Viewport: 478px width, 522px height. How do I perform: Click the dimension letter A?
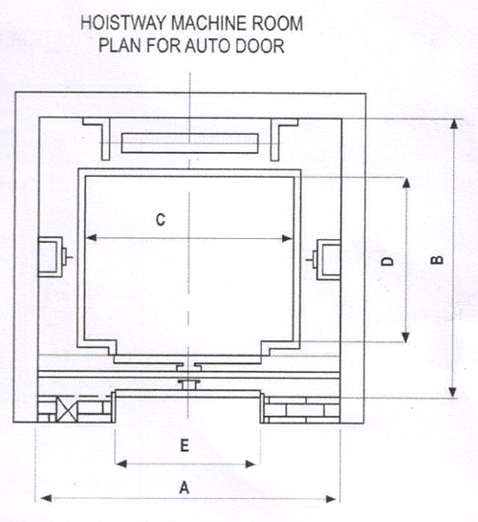pyautogui.click(x=185, y=488)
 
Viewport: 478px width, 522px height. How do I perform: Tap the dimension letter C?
pyautogui.click(x=161, y=220)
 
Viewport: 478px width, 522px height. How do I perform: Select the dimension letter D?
pyautogui.click(x=387, y=261)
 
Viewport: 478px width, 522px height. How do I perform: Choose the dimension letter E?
pyautogui.click(x=185, y=446)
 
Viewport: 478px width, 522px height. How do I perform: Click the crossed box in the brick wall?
pyautogui.click(x=66, y=409)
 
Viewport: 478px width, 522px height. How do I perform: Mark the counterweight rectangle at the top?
pyautogui.click(x=189, y=143)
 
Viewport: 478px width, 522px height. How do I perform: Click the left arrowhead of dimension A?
pyautogui.click(x=46, y=498)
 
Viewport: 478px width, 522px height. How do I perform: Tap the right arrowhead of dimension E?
pyautogui.click(x=250, y=464)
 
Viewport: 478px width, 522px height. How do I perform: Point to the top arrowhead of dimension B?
pyautogui.click(x=454, y=124)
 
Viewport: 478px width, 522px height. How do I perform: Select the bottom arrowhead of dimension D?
pyautogui.click(x=405, y=337)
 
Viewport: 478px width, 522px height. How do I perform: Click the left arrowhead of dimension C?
pyautogui.click(x=91, y=238)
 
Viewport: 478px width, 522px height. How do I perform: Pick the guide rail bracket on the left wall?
pyautogui.click(x=54, y=256)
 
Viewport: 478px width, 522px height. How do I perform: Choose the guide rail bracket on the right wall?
pyautogui.click(x=325, y=259)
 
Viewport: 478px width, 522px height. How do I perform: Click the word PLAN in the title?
pyautogui.click(x=119, y=46)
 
